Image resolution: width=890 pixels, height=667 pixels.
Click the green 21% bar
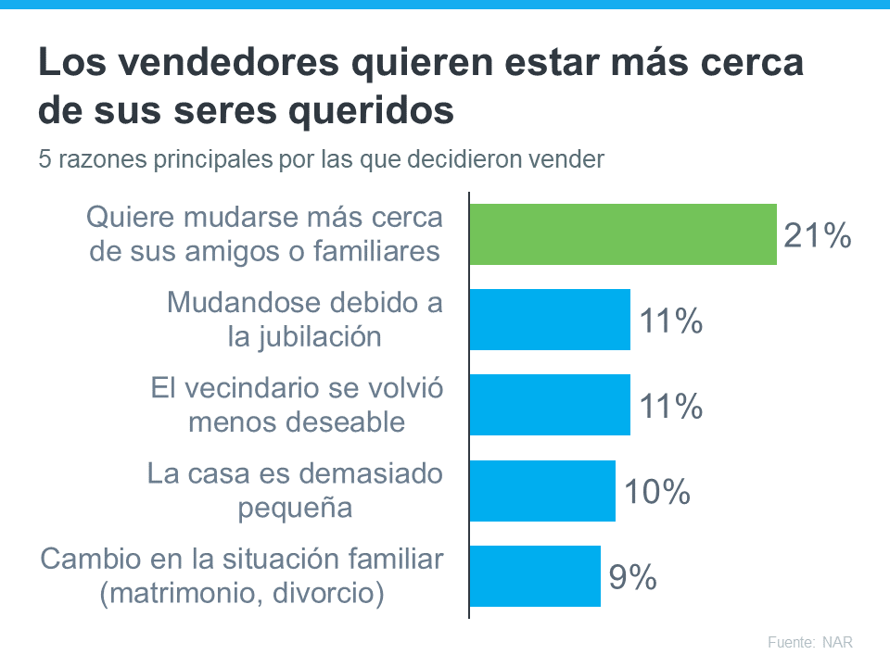[622, 234]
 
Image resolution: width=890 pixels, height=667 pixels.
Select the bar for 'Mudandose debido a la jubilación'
[550, 320]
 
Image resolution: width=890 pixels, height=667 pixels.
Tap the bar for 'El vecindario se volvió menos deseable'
[550, 405]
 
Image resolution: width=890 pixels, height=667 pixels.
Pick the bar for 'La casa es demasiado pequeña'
[542, 491]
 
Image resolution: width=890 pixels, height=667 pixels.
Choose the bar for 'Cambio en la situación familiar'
[535, 576]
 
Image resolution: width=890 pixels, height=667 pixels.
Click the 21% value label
[817, 236]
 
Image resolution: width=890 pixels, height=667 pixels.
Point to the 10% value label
[656, 493]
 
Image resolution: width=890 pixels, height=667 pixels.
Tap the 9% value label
[633, 578]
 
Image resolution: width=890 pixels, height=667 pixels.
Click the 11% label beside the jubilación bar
[670, 321]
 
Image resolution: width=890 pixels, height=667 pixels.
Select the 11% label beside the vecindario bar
[670, 407]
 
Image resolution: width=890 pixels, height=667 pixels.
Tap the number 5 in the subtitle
[44, 159]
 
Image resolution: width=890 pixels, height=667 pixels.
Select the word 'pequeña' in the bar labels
[295, 508]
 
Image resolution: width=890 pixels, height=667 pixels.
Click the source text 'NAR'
[836, 642]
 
